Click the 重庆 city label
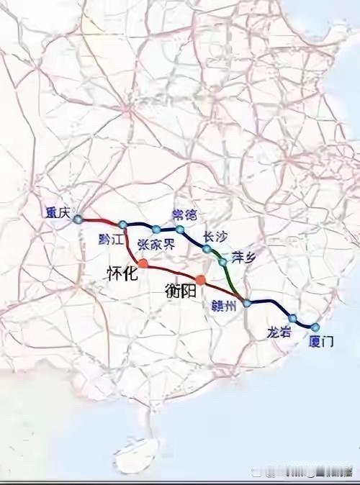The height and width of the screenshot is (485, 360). point(56,212)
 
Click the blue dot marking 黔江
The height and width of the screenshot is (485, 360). point(123,225)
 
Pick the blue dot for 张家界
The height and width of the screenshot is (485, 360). point(156,230)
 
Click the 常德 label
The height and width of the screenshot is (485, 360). point(184,214)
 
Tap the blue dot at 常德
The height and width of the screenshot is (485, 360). point(180,230)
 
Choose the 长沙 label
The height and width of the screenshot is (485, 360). point(215,235)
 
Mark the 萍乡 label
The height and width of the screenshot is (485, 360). point(243,256)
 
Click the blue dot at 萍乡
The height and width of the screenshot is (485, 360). point(222,262)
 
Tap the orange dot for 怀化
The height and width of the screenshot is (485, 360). point(143,263)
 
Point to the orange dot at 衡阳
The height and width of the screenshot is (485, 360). point(200,279)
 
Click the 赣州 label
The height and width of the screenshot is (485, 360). point(224,305)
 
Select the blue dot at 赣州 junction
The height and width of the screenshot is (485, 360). point(247,303)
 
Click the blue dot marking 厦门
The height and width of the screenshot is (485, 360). point(315,327)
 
